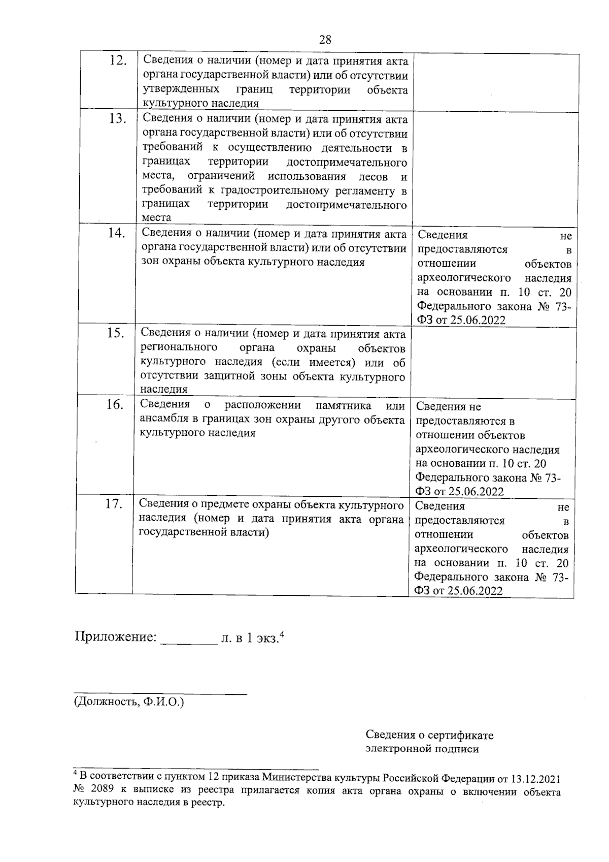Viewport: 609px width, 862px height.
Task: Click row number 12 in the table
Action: click(x=118, y=61)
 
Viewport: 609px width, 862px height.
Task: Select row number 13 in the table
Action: click(x=117, y=119)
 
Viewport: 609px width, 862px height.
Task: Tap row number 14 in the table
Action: click(x=116, y=234)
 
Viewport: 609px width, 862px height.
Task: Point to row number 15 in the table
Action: click(x=116, y=334)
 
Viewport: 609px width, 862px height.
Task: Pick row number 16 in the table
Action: click(x=115, y=405)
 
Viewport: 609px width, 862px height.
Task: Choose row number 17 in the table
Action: click(x=114, y=504)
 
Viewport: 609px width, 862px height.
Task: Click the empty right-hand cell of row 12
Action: click(x=496, y=82)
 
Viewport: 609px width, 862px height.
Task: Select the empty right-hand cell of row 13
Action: click(x=496, y=168)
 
